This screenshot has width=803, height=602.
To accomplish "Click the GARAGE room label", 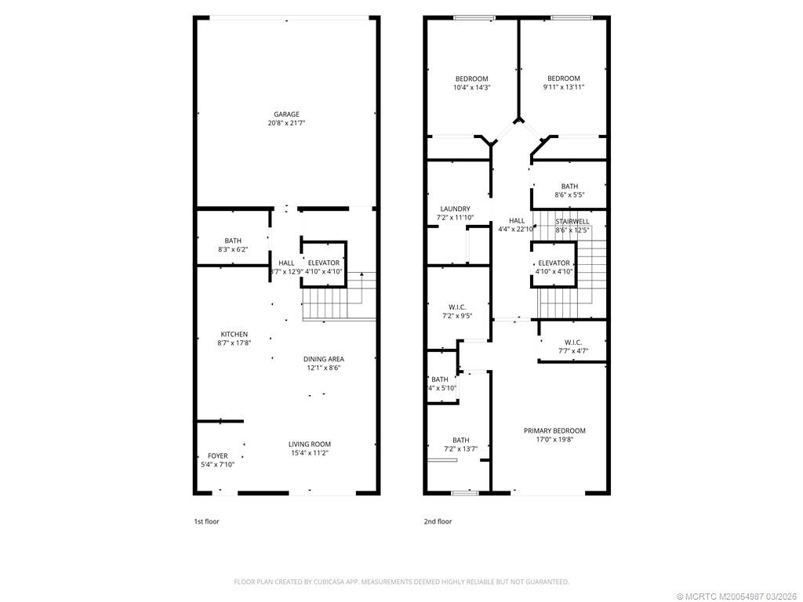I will (x=286, y=114).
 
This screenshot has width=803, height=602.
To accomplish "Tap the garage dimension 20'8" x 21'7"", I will (x=286, y=123).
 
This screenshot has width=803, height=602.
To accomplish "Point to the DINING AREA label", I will (x=324, y=359).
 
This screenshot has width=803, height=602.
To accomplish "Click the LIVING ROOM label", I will (x=310, y=444).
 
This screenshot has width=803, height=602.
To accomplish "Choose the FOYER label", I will (x=217, y=455).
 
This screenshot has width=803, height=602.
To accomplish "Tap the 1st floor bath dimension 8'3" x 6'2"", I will (x=233, y=249).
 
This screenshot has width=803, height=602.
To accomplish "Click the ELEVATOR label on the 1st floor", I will (x=324, y=263).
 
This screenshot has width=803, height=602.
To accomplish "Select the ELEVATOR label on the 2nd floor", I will (x=554, y=263).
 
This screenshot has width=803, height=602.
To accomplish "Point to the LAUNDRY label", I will (x=455, y=209).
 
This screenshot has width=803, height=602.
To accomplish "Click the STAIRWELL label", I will (x=572, y=222).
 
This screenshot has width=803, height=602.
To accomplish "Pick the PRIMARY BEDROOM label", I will (x=554, y=430).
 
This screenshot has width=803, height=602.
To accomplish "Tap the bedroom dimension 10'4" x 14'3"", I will (x=472, y=87).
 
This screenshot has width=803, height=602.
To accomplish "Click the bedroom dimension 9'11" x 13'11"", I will (x=563, y=87).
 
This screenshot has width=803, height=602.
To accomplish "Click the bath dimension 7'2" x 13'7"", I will (x=460, y=448).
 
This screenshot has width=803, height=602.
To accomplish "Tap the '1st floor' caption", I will (x=208, y=521).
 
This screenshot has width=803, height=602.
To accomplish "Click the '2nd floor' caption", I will (x=438, y=521).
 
